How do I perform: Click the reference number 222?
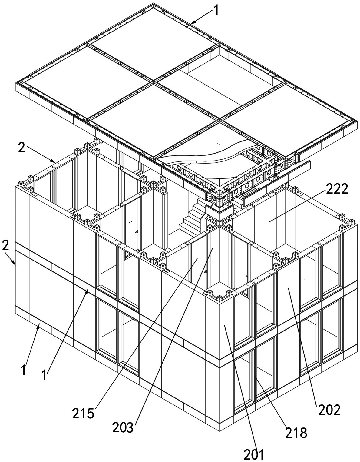(x=337, y=189)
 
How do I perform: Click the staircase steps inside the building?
(x=190, y=217)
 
